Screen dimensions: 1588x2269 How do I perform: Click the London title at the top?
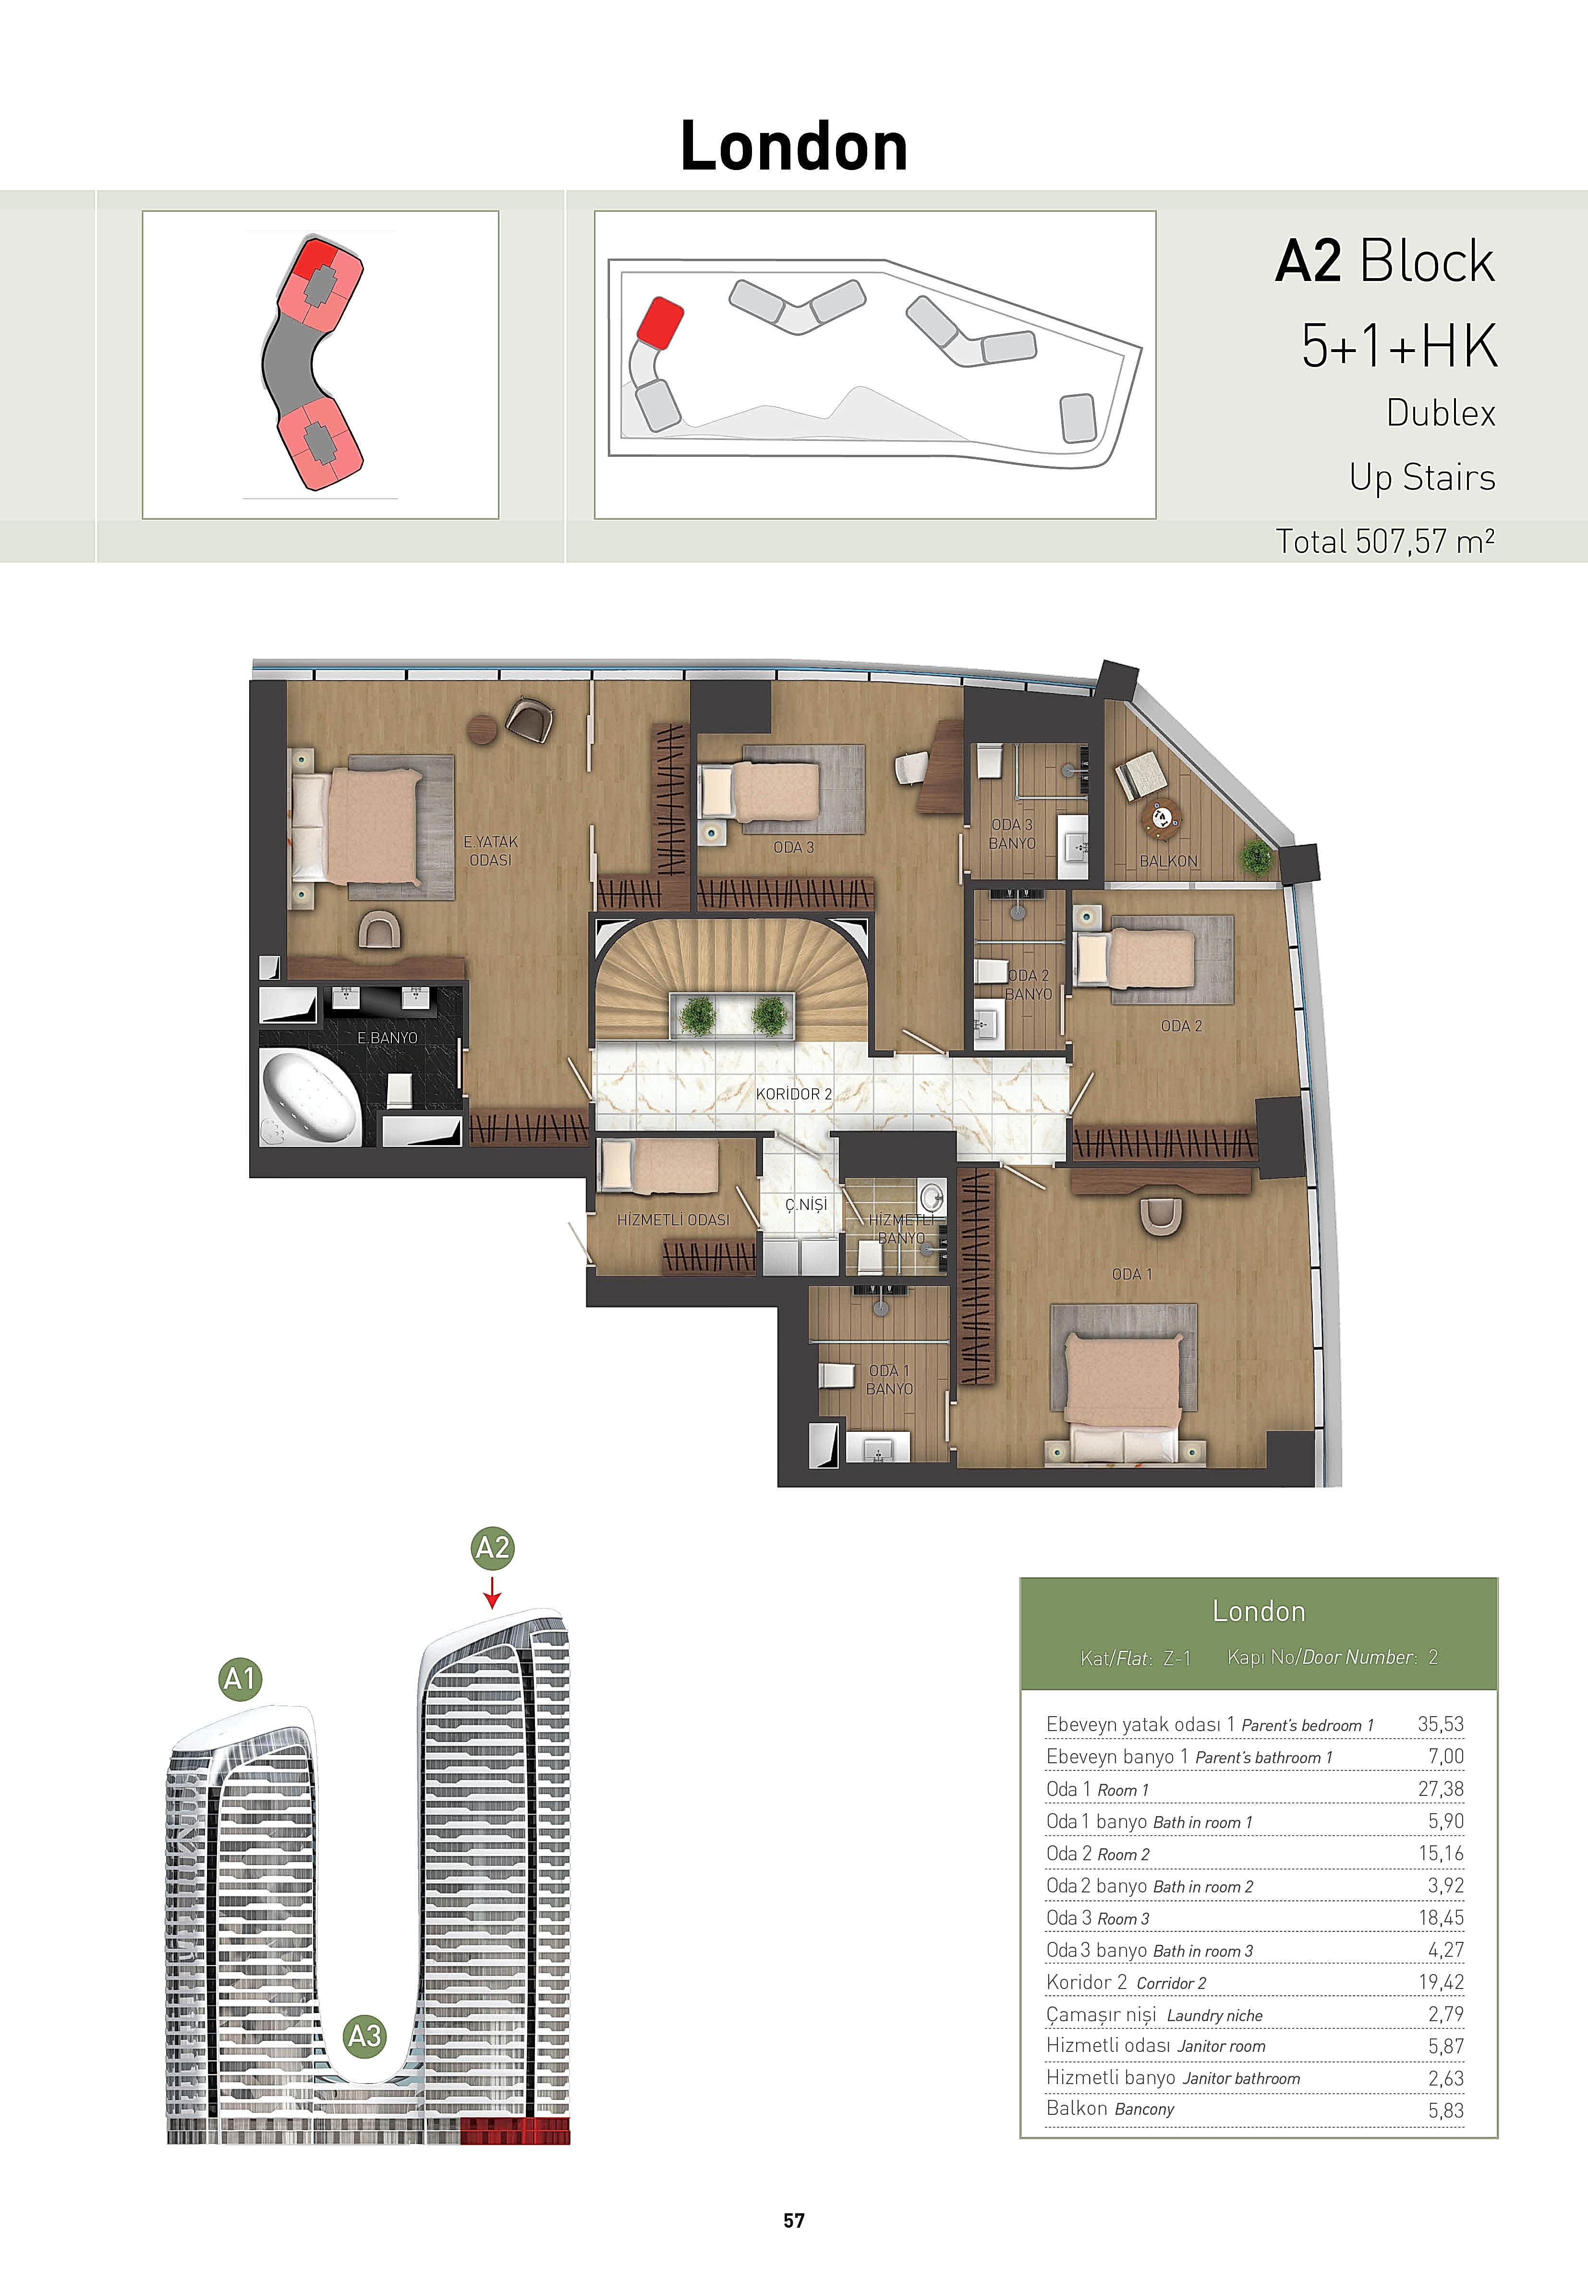tap(793, 146)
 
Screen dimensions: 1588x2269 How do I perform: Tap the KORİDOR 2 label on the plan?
tap(793, 1094)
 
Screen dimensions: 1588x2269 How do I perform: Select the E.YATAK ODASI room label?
tap(490, 851)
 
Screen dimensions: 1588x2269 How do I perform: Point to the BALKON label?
tap(1168, 861)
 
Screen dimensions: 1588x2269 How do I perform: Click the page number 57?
tap(793, 2220)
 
